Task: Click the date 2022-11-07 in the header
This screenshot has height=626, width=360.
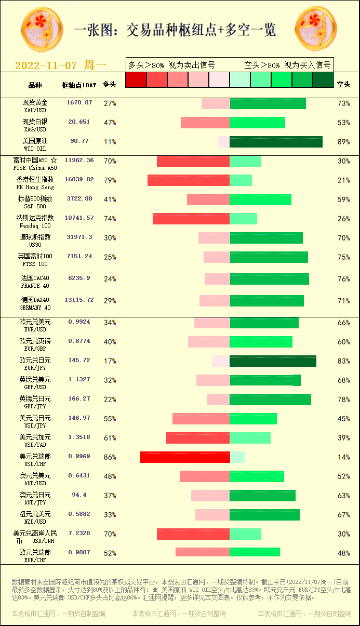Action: point(46,65)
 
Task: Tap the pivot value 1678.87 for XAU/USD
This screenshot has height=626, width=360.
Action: point(79,103)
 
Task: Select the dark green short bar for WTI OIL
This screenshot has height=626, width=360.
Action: point(276,142)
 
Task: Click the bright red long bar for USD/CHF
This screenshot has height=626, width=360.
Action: point(185,457)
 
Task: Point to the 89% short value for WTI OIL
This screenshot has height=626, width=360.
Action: point(343,142)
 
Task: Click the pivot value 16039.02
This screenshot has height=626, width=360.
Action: point(79,179)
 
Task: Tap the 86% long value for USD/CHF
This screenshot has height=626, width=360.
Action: point(110,458)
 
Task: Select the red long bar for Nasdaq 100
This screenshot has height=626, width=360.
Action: point(191,219)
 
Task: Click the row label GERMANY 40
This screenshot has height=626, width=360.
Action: point(35,308)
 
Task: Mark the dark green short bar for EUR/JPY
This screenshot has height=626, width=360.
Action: point(273,361)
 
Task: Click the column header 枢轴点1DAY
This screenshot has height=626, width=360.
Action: point(79,85)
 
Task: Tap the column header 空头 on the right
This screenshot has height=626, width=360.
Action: point(343,84)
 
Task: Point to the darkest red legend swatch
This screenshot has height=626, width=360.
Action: point(136,79)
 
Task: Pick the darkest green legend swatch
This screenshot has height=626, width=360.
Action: point(323,79)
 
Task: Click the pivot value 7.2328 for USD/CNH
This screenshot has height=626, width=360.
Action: point(79,534)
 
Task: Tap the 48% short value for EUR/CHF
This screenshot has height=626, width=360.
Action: point(343,553)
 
